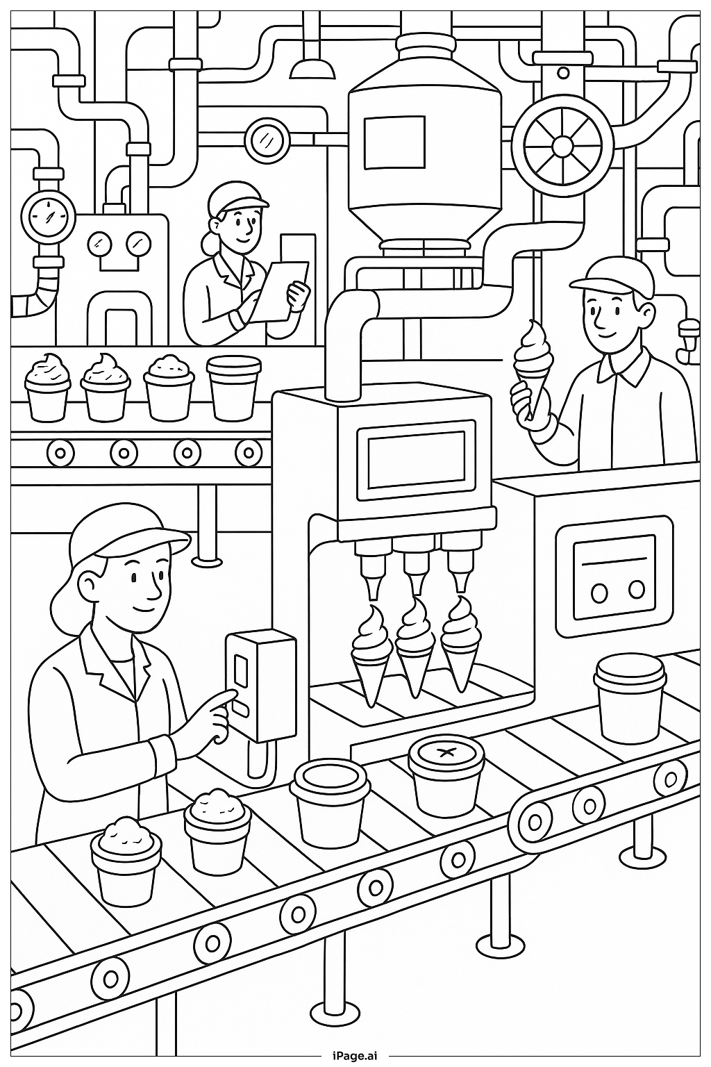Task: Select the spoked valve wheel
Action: tap(562, 146)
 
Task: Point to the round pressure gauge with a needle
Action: tap(47, 215)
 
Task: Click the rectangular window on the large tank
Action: tap(394, 142)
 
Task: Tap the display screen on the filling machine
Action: tap(416, 458)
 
